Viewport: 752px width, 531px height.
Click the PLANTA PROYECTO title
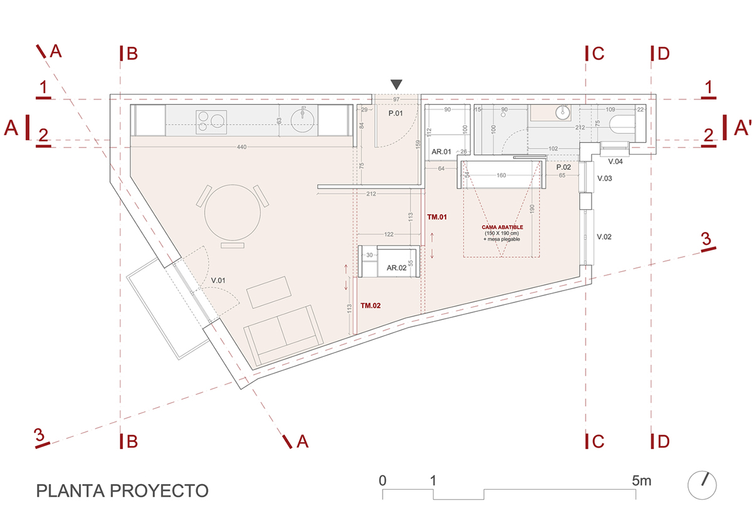(122, 490)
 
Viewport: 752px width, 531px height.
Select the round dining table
(232, 212)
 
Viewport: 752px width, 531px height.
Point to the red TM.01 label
(437, 217)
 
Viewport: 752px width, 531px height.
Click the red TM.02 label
(371, 306)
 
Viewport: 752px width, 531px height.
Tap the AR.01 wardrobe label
(442, 152)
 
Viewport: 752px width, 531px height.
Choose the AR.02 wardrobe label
(397, 267)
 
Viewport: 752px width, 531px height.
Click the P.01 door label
(395, 113)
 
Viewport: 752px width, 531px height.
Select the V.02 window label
(604, 237)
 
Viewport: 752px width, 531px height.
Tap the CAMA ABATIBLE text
(503, 227)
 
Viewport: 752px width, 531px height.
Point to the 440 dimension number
(242, 147)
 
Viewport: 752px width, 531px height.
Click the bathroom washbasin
(562, 113)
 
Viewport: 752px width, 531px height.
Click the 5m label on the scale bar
(642, 481)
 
